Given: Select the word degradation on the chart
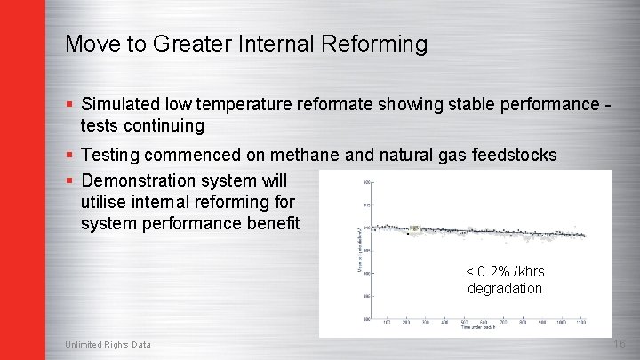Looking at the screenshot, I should [x=505, y=288].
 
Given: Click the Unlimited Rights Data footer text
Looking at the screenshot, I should [x=108, y=345].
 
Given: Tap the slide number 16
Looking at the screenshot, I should [x=619, y=344].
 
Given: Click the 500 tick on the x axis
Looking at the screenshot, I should [x=463, y=322].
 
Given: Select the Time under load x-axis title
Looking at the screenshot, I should [x=478, y=328].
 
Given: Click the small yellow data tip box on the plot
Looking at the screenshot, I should [x=414, y=228].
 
